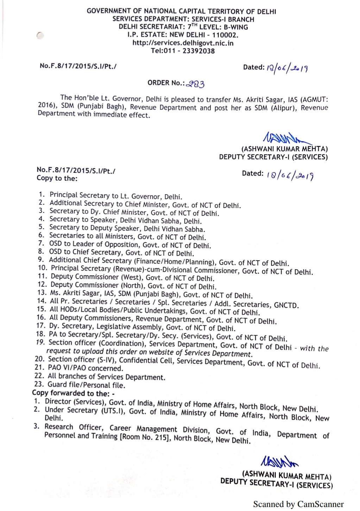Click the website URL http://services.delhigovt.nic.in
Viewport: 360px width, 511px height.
click(183, 43)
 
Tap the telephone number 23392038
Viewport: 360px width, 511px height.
click(198, 51)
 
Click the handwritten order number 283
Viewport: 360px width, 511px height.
click(196, 84)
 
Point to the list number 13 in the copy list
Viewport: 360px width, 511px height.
click(42, 293)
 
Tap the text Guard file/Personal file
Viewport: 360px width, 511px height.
click(86, 385)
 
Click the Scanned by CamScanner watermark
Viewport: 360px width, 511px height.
click(298, 504)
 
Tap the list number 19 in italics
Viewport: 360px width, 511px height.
click(40, 342)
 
